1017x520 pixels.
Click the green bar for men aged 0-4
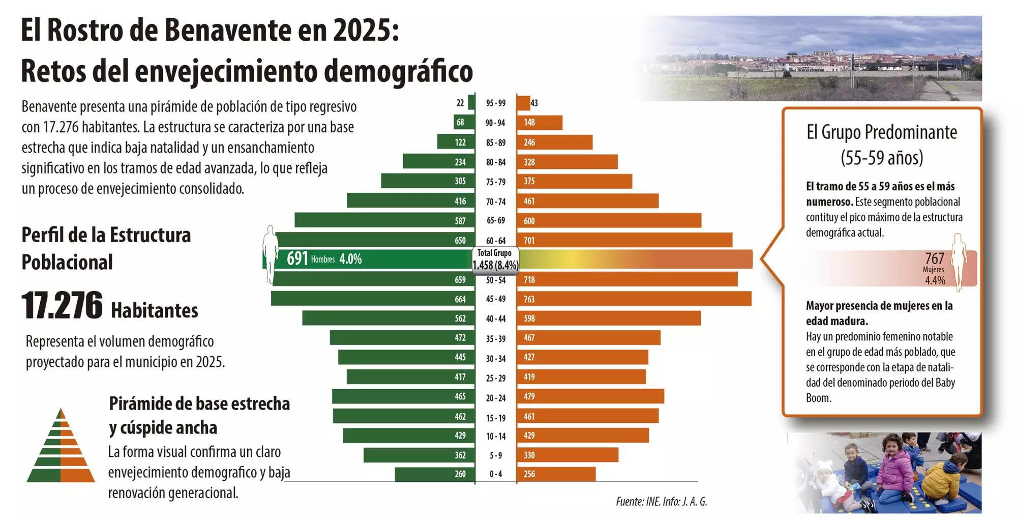[435, 474]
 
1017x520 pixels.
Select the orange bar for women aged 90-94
[540, 123]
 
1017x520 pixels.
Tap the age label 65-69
[495, 221]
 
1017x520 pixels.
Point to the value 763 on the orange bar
[529, 299]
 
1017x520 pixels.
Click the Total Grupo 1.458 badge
[495, 259]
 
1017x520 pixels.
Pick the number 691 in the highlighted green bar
[297, 259]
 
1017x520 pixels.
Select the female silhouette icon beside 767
[959, 262]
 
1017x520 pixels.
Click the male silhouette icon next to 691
[270, 254]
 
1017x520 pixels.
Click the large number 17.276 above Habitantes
[62, 306]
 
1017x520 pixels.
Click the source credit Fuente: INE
[638, 502]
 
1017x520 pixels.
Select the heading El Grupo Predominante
[882, 133]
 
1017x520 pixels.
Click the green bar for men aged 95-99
[471, 103]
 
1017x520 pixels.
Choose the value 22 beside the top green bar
[460, 103]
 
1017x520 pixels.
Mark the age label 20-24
[495, 398]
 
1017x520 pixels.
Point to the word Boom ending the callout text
[818, 398]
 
